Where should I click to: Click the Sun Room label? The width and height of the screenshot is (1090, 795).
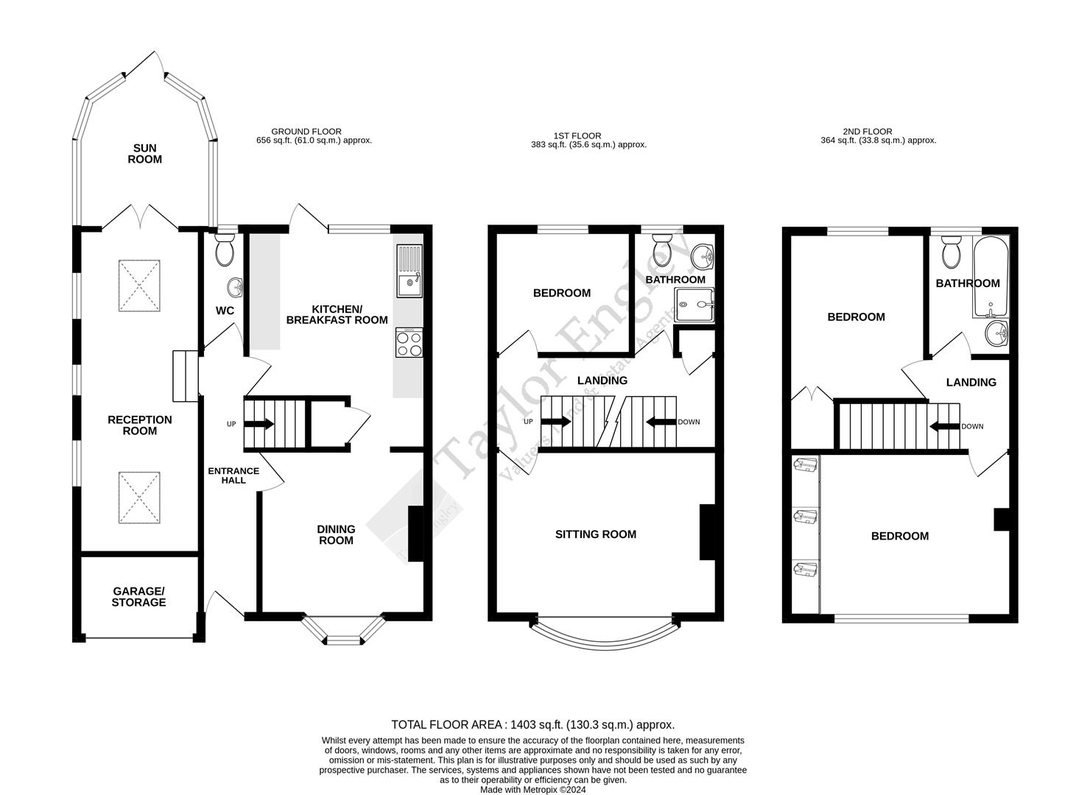click(x=144, y=154)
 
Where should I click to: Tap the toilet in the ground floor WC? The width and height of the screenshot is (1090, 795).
click(x=224, y=250)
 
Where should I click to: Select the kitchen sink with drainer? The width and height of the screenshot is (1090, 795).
click(x=409, y=271)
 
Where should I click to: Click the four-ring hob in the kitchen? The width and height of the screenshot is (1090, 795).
click(x=409, y=342)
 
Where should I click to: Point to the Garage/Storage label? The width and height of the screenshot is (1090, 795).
click(x=138, y=597)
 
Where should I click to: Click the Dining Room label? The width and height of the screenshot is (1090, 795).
click(x=336, y=534)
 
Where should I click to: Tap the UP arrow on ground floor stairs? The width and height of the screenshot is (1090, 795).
click(x=259, y=424)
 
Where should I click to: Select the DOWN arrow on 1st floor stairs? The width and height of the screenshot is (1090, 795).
click(x=661, y=422)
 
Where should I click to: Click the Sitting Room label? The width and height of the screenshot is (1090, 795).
click(x=595, y=534)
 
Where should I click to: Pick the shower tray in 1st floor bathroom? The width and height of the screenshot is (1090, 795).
click(x=695, y=304)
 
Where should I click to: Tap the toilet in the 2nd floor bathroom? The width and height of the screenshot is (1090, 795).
click(x=952, y=251)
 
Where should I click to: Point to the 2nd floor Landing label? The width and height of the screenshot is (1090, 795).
click(x=971, y=382)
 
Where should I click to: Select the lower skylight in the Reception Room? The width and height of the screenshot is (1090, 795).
click(x=139, y=498)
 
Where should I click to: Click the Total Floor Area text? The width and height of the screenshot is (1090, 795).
click(x=532, y=724)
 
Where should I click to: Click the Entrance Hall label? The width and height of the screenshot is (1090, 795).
click(x=233, y=476)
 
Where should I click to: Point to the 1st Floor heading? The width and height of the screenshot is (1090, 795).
click(x=577, y=135)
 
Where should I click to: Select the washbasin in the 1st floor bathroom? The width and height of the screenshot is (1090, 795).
click(x=703, y=257)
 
